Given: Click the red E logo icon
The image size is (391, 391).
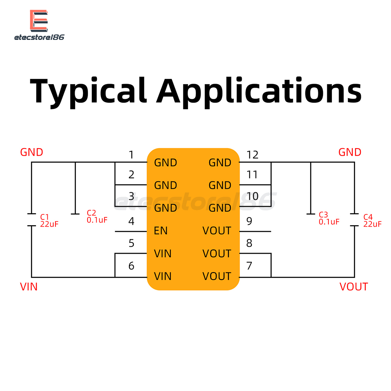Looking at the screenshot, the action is point(39,21).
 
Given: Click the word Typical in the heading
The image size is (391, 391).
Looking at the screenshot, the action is point(88,92).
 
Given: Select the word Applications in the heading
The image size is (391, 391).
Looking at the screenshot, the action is point(258,92).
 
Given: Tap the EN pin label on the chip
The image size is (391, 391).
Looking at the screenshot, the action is point(161,231).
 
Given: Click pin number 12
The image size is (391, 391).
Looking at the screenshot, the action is point(252,155).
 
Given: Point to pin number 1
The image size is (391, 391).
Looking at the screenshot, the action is point(131,155).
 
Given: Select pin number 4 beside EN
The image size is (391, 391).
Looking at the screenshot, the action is point(131,221).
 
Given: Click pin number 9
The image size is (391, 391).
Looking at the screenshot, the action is point(249,221).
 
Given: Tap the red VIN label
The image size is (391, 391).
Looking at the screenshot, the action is point(29,287).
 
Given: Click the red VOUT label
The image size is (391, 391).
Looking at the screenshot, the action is point(353,287).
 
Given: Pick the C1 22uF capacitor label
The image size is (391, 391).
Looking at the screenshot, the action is point(49,221).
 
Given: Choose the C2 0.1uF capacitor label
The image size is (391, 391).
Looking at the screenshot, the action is point(97,217).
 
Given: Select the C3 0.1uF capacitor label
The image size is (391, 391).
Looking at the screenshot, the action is point(329,219).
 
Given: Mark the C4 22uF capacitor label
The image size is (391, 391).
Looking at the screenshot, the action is point(372,221).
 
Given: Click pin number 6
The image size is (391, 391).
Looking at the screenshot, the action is point(131,266).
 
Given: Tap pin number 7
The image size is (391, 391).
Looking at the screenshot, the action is point(249,266).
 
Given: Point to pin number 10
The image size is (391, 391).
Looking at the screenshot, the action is point(252,196).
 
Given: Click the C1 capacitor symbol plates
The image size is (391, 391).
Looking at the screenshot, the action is point(32,220).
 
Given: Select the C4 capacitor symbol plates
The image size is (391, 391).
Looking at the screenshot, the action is point(354,220).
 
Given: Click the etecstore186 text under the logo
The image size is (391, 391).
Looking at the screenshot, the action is point(39,38).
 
